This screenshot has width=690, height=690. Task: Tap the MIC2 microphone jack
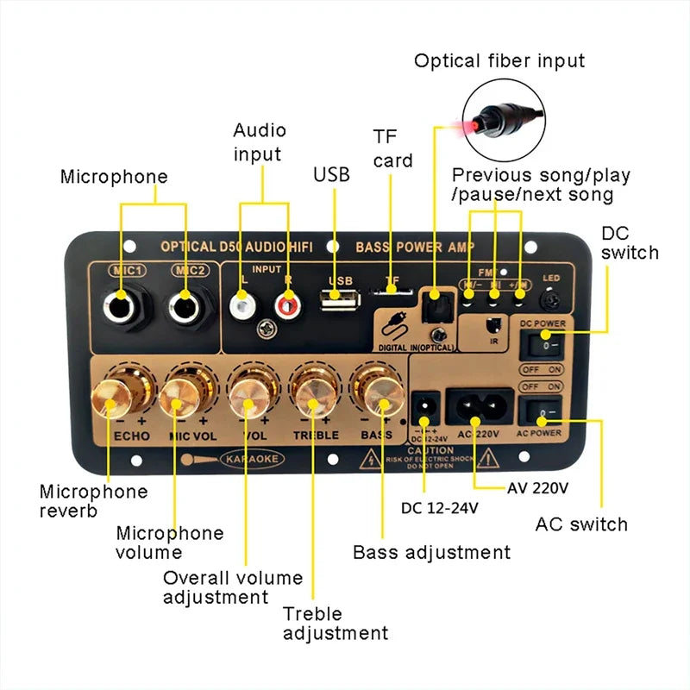184,305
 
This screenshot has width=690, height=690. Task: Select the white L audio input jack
241,304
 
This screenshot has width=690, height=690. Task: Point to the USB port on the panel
341,300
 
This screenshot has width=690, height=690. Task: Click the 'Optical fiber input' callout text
499,60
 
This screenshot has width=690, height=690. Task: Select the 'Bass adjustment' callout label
431,552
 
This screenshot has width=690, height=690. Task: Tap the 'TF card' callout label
392,148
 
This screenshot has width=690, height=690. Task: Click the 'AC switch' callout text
581,524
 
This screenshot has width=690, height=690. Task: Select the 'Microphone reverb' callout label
93,501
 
